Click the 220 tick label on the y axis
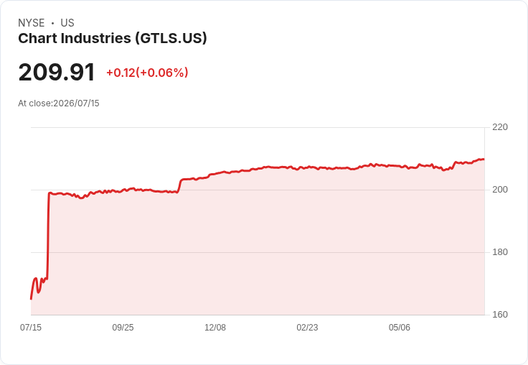tap(500, 127)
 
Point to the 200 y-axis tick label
tap(500, 190)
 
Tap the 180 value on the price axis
tap(500, 252)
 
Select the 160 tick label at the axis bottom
tap(500, 315)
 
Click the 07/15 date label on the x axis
tap(31, 327)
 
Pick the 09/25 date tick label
tap(123, 327)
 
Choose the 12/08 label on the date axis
tap(215, 327)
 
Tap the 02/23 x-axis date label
tap(307, 327)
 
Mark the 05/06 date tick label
tap(400, 327)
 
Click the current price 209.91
tap(57, 72)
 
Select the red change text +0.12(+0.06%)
tap(147, 73)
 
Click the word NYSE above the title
tap(32, 23)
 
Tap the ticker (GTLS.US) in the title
tap(171, 38)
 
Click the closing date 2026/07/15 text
tap(76, 103)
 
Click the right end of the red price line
tap(484, 160)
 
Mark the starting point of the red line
tap(31, 299)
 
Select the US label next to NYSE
tap(67, 23)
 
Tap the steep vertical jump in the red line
tap(48, 236)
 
